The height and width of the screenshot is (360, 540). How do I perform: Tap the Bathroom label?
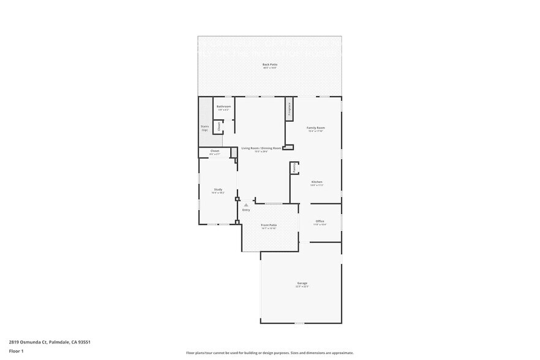[x=223, y=107]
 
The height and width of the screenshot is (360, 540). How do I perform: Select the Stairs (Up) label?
[x=204, y=128]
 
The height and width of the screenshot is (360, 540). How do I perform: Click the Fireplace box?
[x=288, y=108]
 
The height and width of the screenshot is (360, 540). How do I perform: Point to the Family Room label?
[x=315, y=127]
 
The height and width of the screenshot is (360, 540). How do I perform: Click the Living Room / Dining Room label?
[x=261, y=148]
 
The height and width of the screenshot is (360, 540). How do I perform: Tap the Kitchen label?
[x=317, y=182]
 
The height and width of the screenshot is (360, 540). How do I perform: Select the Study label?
[x=218, y=189]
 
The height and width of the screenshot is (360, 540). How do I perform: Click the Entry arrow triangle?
[x=246, y=205]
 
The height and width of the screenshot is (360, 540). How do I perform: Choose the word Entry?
[x=246, y=210]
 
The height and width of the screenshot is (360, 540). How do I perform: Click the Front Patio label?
[x=269, y=225]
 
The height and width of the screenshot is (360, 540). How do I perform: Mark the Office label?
[x=320, y=221]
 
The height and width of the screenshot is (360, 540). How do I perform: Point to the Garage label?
[x=302, y=283]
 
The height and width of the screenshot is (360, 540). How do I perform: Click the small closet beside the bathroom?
[x=217, y=127]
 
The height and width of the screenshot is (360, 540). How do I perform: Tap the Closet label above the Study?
[x=214, y=151]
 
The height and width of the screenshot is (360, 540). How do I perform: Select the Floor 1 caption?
[x=16, y=351]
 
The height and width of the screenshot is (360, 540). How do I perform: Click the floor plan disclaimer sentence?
[x=269, y=353]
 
